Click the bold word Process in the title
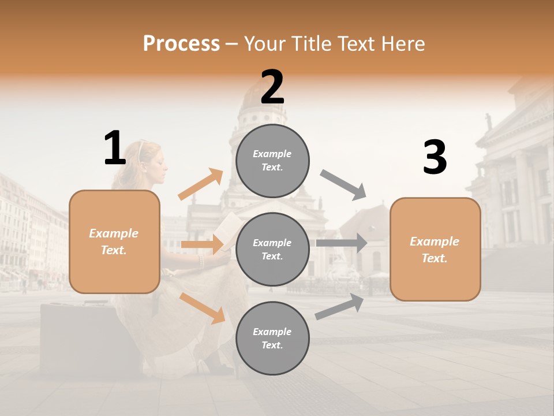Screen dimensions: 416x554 tap(181, 43)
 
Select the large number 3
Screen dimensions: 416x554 tap(435, 157)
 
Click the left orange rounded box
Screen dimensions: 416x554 tap(114, 242)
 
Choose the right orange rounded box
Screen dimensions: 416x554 tap(435, 249)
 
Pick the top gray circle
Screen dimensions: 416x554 tap(272, 161)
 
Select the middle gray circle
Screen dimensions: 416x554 tap(272, 249)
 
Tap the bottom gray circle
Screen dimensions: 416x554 tap(272, 338)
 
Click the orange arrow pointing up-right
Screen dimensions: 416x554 tap(201, 184)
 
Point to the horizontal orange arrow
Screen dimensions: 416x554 tap(202, 244)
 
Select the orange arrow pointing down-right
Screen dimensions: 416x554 tap(203, 308)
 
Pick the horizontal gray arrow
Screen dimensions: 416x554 tap(342, 243)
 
